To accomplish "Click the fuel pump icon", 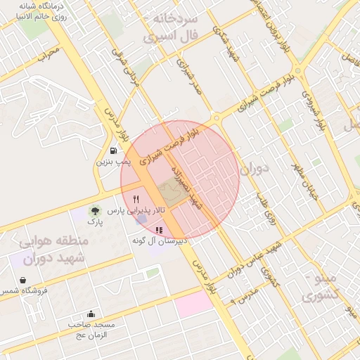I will point(113,150).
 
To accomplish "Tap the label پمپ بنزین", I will point(113,162).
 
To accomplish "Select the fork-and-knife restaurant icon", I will point(136,200).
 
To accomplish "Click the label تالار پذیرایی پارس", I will point(140,210).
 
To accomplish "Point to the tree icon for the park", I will point(94,210).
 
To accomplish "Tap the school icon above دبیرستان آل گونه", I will point(159,230).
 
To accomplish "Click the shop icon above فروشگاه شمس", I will point(23,280).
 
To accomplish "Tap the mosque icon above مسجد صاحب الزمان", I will point(91,314).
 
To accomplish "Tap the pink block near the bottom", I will point(194,303).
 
